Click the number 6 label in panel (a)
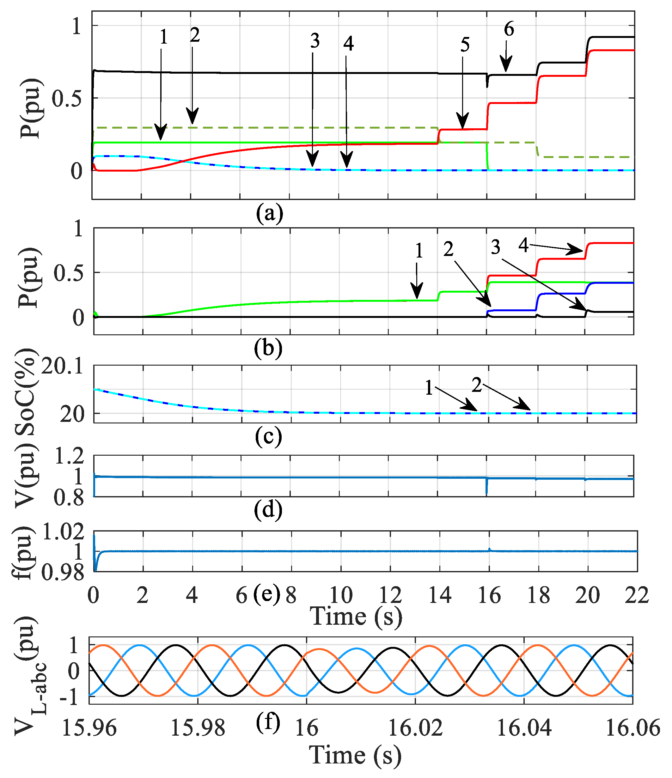click(x=509, y=29)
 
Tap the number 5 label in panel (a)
click(x=465, y=45)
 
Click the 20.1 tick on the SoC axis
click(x=62, y=366)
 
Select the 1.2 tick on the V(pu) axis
click(x=69, y=457)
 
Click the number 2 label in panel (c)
click(x=477, y=385)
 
